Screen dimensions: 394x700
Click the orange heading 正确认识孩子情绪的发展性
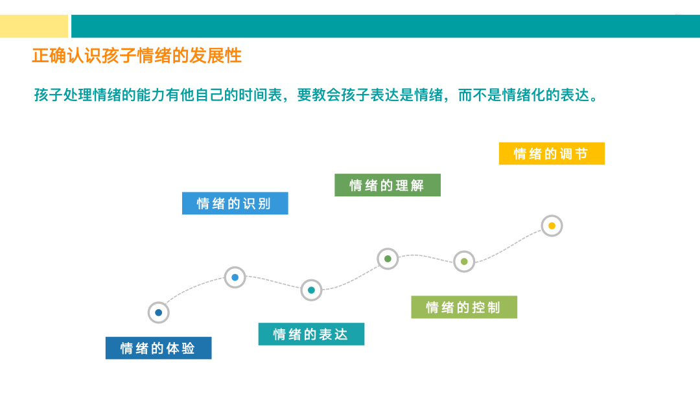[137, 56]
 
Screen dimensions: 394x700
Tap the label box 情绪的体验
[158, 348]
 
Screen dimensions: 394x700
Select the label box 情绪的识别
[235, 203]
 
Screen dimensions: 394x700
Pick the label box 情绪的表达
[311, 334]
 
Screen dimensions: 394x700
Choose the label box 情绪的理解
[388, 185]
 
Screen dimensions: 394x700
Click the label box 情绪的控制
[464, 307]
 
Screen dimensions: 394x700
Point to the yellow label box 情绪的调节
[552, 154]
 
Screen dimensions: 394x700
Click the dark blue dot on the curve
[158, 313]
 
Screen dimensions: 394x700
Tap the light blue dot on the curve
[235, 277]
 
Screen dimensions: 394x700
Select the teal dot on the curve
[311, 290]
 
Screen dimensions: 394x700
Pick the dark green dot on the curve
[388, 259]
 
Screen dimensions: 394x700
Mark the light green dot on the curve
[464, 262]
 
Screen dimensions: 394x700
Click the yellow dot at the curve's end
[552, 226]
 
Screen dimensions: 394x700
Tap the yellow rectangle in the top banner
[34, 26]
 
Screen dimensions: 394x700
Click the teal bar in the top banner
[385, 26]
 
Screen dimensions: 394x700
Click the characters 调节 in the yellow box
[574, 154]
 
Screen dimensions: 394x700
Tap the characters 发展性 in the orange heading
[216, 56]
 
